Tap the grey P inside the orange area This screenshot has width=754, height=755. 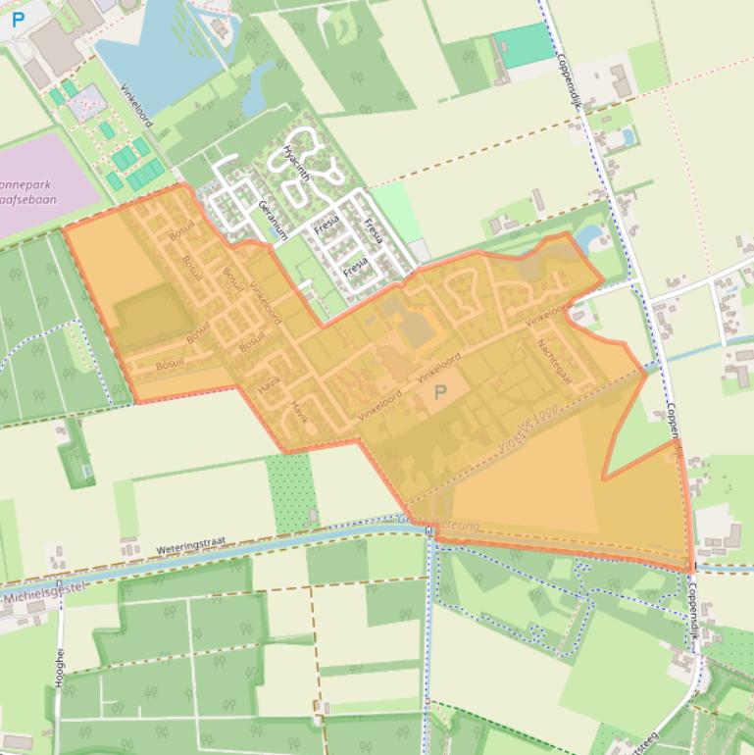440,391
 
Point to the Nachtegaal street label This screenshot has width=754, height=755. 555,359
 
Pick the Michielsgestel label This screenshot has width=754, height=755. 44,591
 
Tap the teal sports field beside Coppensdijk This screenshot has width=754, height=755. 523,45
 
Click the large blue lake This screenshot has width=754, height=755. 157,59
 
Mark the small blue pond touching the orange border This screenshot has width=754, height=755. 589,237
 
